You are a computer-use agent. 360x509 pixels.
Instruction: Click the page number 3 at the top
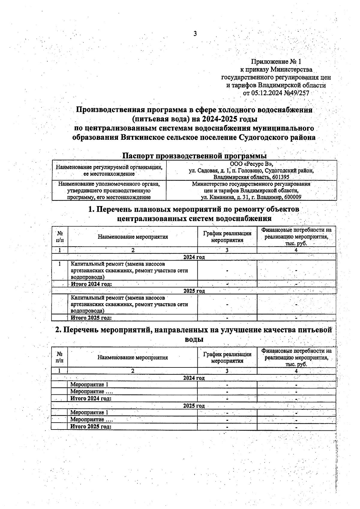pyautogui.click(x=195, y=34)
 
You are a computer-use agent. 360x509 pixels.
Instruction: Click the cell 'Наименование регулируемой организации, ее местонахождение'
pyautogui.click(x=109, y=170)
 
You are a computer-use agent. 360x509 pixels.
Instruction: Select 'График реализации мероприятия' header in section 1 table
pyautogui.click(x=227, y=237)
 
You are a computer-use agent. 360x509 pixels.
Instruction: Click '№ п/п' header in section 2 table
pyautogui.click(x=59, y=357)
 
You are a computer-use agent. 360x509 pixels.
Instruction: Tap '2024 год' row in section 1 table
pyautogui.click(x=194, y=257)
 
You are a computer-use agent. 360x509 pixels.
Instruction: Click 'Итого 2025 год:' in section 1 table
pyautogui.click(x=91, y=318)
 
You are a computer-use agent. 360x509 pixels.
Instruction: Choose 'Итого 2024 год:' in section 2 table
pyautogui.click(x=91, y=399)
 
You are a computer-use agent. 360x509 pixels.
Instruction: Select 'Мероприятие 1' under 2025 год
pyautogui.click(x=89, y=412)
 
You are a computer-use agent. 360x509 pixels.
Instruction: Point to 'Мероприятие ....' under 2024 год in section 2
pyautogui.click(x=91, y=391)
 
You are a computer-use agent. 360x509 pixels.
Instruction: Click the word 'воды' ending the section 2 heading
pyautogui.click(x=194, y=339)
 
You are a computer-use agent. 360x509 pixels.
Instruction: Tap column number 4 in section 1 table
pyautogui.click(x=296, y=250)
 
